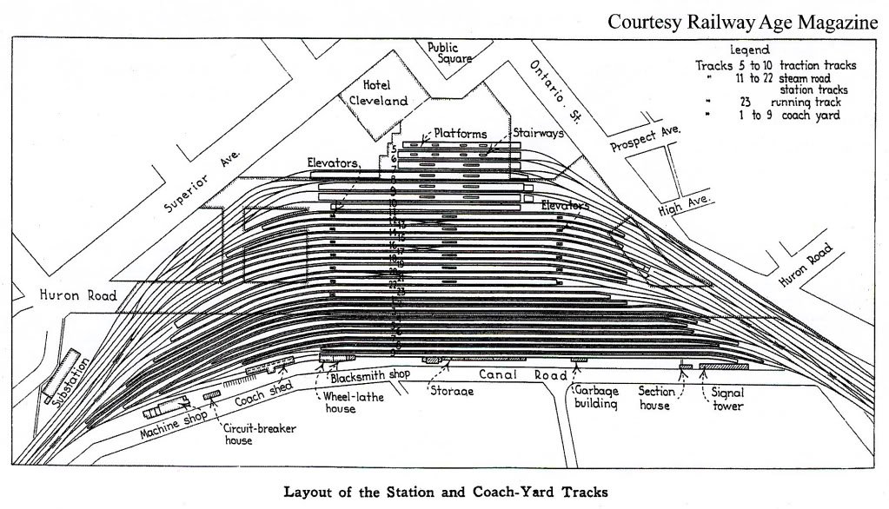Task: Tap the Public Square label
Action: pyautogui.click(x=449, y=53)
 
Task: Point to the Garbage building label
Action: pyautogui.click(x=594, y=398)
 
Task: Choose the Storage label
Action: pyautogui.click(x=452, y=392)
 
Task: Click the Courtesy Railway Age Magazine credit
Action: pyautogui.click(x=742, y=22)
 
